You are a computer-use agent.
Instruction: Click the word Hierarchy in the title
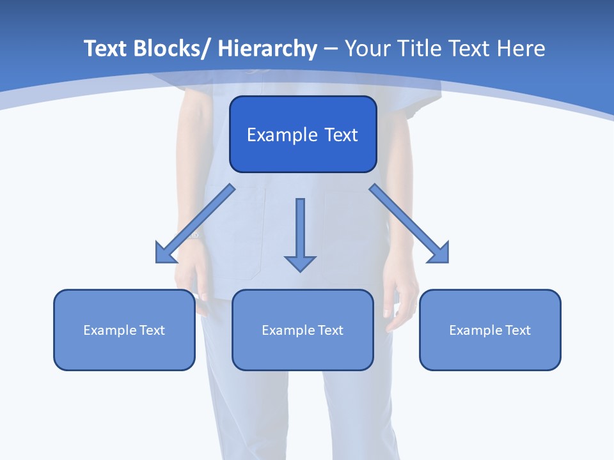click(x=267, y=49)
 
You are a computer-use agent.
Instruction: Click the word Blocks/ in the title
click(x=172, y=49)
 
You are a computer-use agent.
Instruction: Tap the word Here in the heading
click(x=521, y=49)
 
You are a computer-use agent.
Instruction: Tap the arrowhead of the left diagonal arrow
click(x=165, y=254)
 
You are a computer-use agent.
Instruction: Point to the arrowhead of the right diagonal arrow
click(x=439, y=253)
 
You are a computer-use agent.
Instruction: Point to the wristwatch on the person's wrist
click(x=194, y=235)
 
